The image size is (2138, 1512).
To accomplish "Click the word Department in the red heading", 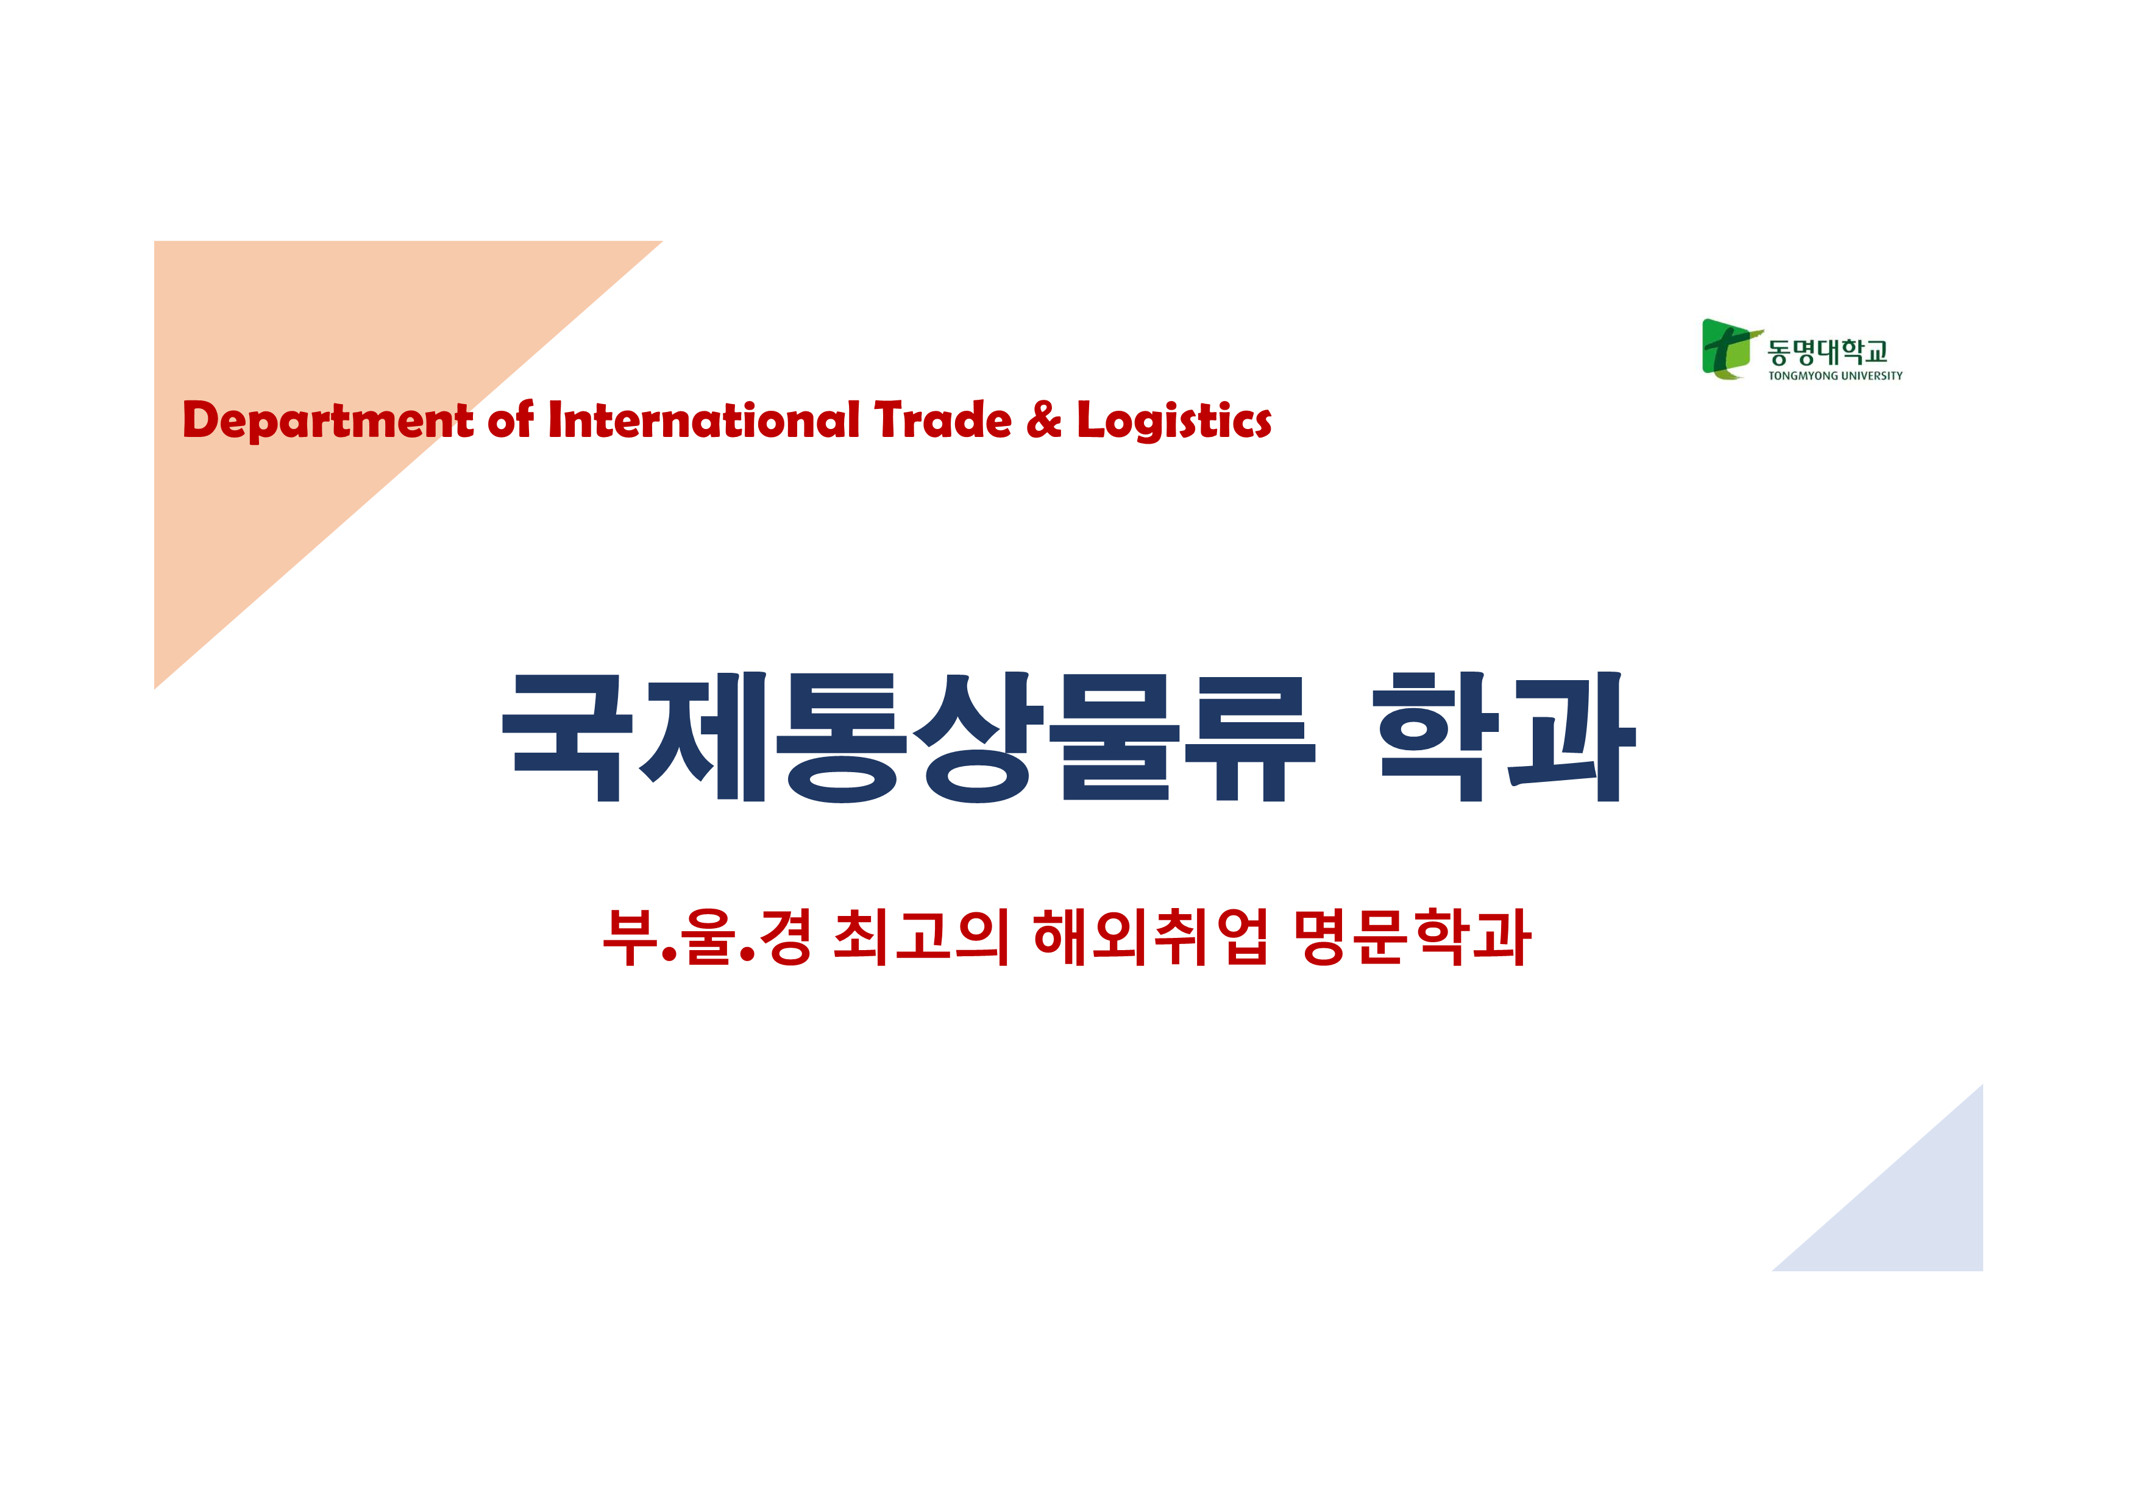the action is (328, 421).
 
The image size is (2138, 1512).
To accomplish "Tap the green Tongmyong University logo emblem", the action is (1731, 349).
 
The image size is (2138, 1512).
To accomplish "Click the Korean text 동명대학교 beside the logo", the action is (1828, 352).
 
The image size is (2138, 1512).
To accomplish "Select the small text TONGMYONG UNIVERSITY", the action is (1835, 376).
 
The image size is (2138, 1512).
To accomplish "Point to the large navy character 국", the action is (567, 737).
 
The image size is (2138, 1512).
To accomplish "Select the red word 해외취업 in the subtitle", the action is (1150, 937).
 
